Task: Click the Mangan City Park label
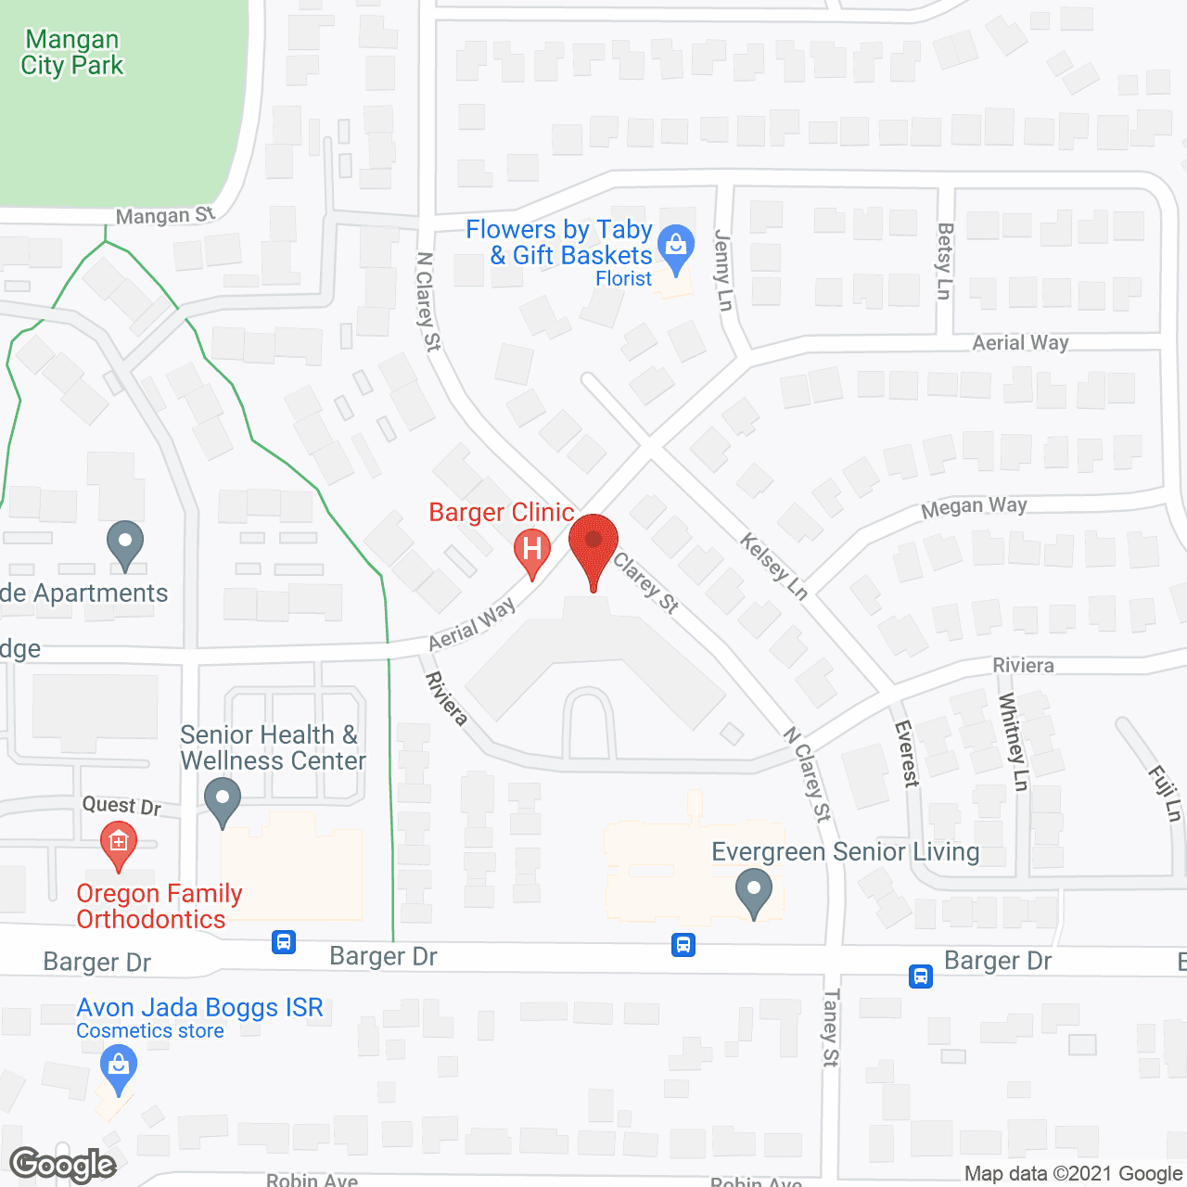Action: pos(72,53)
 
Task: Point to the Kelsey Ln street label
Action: pos(774,566)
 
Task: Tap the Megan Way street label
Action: pos(974,507)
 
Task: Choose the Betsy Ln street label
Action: pos(945,261)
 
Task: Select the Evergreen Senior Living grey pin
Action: pos(754,891)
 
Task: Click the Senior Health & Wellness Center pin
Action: pos(223,800)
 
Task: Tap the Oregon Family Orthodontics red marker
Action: pos(119,845)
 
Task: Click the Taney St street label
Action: pos(831,1027)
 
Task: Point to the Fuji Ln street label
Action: pos(1165,793)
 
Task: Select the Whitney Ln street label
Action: pos(1014,742)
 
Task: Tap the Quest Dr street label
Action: pos(121,805)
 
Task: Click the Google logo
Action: pos(63,1164)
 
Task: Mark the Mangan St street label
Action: pos(165,216)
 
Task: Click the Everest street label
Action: pos(906,753)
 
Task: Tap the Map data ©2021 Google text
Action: pos(1073,1174)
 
